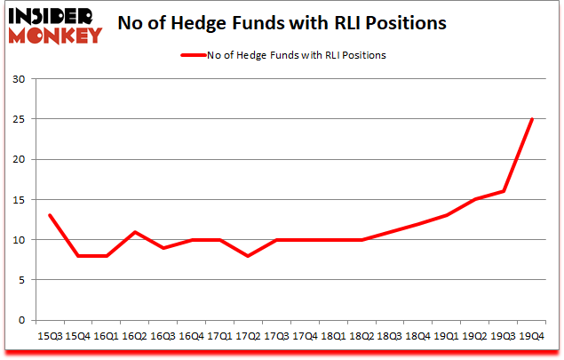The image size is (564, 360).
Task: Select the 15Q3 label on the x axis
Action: point(49,336)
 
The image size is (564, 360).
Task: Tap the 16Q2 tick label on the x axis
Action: point(134,336)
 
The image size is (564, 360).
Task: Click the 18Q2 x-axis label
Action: point(361,336)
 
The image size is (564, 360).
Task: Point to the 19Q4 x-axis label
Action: point(531,336)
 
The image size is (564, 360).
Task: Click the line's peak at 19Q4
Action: point(531,119)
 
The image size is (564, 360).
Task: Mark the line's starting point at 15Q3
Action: point(49,215)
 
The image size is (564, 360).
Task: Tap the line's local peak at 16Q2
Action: point(134,232)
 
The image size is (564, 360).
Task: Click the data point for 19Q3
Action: point(503,191)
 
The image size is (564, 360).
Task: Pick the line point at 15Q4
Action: point(77,256)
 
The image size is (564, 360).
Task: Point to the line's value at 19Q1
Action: point(446,215)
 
